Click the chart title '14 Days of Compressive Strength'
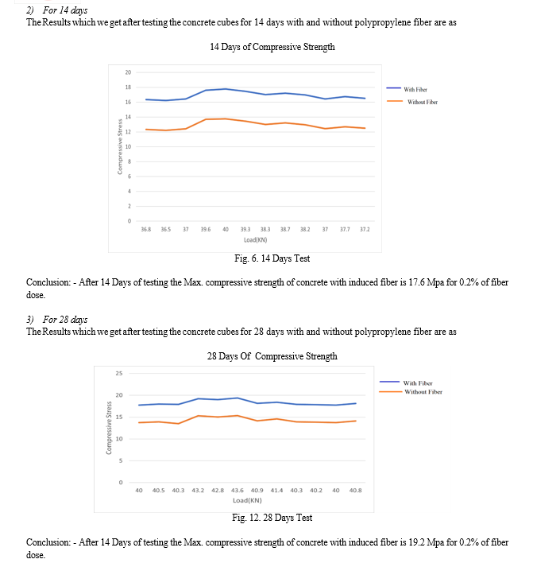(x=272, y=47)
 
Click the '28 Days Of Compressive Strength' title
(x=272, y=356)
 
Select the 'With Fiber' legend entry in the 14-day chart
(x=407, y=89)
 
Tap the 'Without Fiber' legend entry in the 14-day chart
(x=412, y=102)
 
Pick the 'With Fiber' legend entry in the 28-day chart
(x=406, y=382)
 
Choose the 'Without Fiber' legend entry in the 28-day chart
(x=411, y=392)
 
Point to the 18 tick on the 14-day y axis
(x=128, y=87)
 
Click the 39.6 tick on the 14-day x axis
(x=206, y=229)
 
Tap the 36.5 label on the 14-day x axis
(x=166, y=229)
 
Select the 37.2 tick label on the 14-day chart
(x=365, y=229)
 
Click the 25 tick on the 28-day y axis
(x=119, y=374)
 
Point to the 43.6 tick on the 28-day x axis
(x=237, y=491)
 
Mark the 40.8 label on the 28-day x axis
(x=355, y=491)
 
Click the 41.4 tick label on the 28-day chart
(x=276, y=491)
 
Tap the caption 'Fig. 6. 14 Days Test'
(x=272, y=258)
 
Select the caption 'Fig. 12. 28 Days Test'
(x=272, y=518)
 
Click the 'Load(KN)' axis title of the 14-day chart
(x=256, y=240)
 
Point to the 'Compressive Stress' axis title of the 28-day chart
(x=109, y=428)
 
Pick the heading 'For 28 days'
(x=65, y=320)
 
